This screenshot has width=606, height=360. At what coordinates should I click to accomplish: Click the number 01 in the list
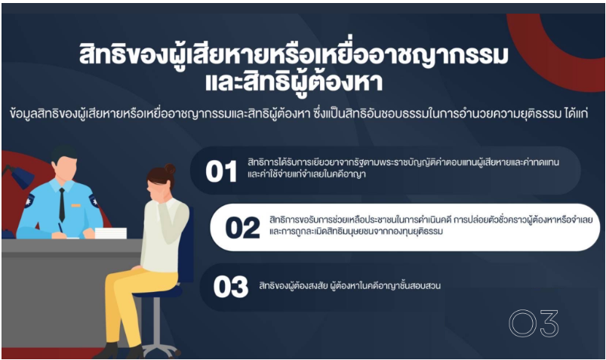(x=221, y=171)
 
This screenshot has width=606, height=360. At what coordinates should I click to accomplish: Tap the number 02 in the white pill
(x=242, y=227)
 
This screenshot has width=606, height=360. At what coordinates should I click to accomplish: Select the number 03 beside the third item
(x=231, y=287)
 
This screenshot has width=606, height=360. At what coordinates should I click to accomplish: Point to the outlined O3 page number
(x=534, y=323)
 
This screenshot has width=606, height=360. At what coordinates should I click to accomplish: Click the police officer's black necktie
(x=62, y=205)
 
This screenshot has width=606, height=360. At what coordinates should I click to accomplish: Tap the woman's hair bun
(x=169, y=169)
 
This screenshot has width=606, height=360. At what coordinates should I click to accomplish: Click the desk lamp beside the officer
(x=17, y=177)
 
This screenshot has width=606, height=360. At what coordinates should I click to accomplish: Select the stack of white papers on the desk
(x=110, y=233)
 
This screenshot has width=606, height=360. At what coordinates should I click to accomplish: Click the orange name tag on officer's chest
(x=75, y=205)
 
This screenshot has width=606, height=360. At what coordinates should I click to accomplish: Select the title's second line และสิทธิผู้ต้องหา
(x=294, y=82)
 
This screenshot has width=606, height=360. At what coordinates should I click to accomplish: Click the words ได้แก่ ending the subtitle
(x=576, y=114)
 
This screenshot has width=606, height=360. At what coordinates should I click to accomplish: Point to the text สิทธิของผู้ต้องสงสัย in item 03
(x=294, y=286)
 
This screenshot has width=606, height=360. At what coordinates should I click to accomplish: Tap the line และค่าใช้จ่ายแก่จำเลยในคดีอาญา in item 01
(x=306, y=174)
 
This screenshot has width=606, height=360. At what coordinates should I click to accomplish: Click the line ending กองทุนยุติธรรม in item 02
(x=356, y=232)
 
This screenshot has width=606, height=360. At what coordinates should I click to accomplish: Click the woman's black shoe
(x=112, y=351)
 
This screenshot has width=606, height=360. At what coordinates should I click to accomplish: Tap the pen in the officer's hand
(x=60, y=227)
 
